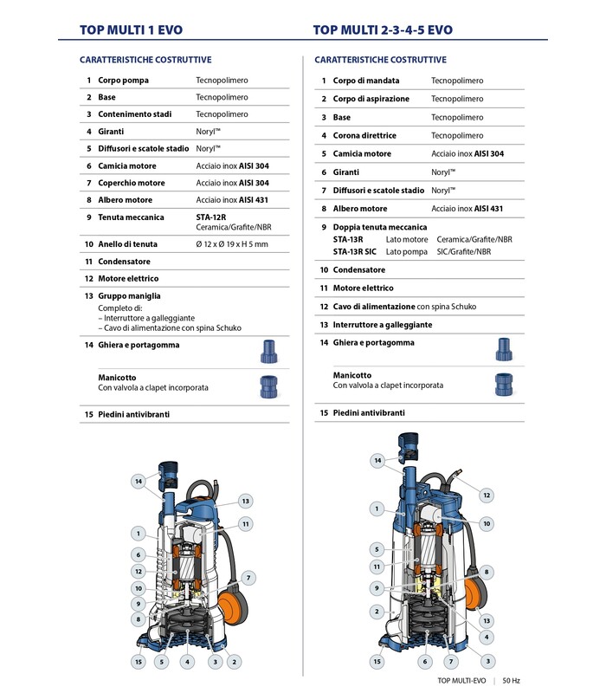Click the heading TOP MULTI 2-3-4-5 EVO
(383, 29)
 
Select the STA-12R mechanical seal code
(210, 217)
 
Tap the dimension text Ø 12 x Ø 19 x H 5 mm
(232, 244)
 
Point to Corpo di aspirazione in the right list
(371, 99)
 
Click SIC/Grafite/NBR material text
(463, 251)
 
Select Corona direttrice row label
(364, 135)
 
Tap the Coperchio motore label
(131, 183)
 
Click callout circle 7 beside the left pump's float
(248, 577)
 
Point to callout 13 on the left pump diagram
(246, 501)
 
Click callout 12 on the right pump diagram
(487, 495)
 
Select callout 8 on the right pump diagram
(487, 572)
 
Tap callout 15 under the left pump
(138, 662)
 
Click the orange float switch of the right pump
(475, 594)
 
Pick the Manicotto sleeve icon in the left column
(268, 385)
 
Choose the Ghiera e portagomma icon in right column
(504, 349)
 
